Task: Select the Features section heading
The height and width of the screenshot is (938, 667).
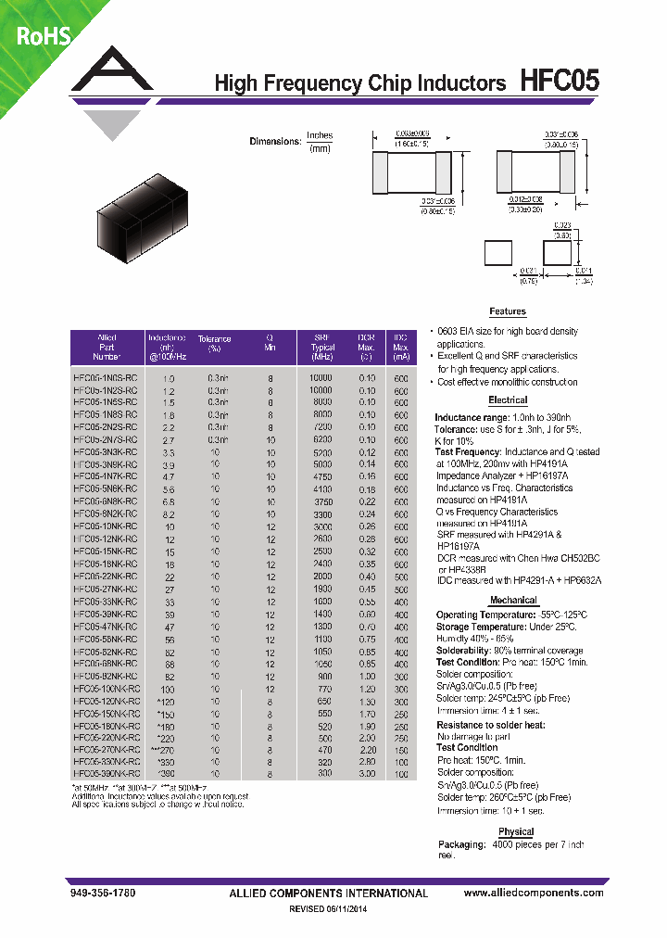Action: [507, 311]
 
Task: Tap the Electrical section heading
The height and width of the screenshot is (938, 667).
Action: [507, 400]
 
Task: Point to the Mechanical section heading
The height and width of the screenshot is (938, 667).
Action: [513, 601]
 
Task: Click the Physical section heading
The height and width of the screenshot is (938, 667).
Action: [516, 831]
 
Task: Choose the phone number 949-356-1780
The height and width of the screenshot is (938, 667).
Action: [102, 894]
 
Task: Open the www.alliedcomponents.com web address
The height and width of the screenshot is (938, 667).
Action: [533, 894]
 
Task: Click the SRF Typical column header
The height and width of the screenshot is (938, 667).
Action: [322, 347]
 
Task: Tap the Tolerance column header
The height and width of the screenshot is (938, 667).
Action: [215, 343]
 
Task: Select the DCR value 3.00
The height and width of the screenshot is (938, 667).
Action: [367, 772]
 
